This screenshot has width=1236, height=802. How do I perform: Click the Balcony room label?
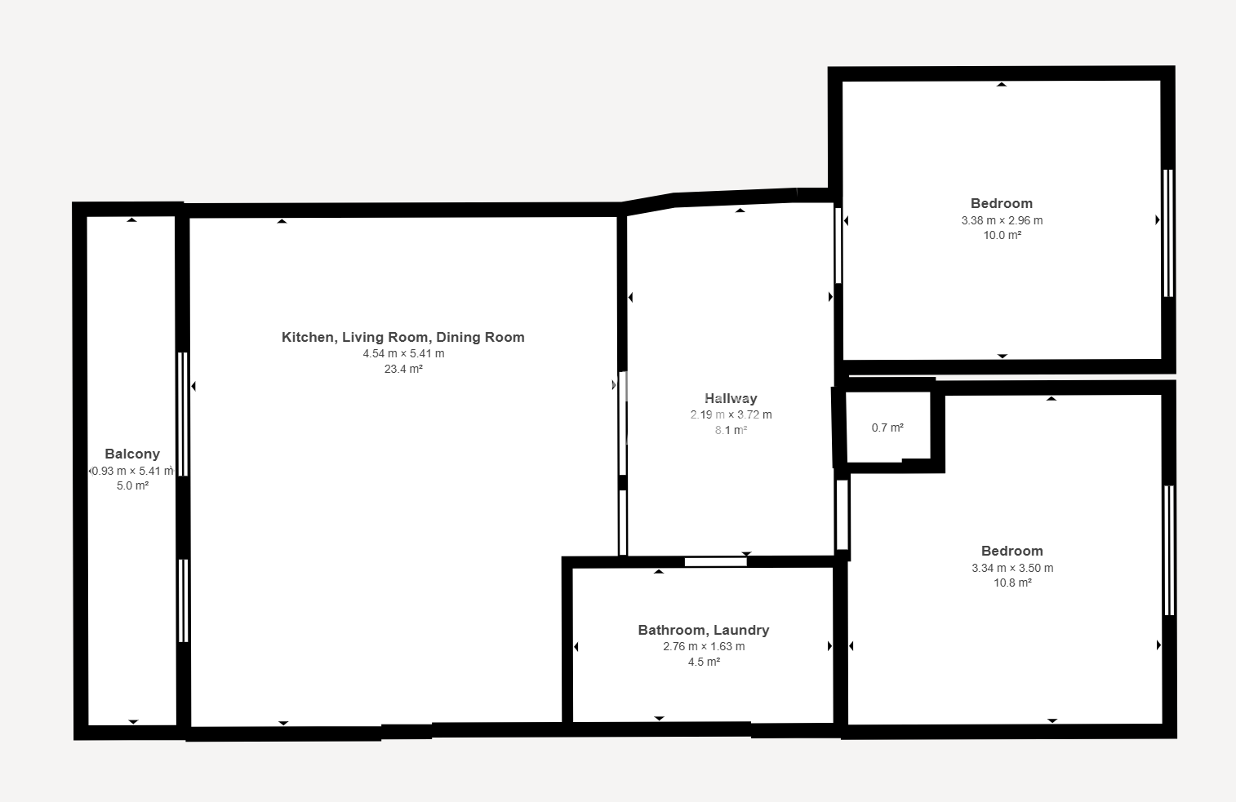(x=132, y=454)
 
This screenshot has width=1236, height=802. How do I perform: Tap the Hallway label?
(x=731, y=398)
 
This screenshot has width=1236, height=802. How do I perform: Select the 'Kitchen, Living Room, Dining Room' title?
(x=402, y=337)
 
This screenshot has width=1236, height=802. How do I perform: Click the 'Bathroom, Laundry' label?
(x=704, y=630)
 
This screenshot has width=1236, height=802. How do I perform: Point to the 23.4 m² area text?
(x=403, y=369)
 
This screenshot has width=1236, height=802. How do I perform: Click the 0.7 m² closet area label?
(x=887, y=428)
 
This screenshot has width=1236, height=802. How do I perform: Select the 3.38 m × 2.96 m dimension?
(x=1002, y=220)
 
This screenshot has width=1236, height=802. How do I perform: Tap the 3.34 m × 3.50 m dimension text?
(x=1012, y=568)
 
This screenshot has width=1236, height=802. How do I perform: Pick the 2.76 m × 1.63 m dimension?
(x=704, y=646)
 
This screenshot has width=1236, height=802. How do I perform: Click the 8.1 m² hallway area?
(x=731, y=430)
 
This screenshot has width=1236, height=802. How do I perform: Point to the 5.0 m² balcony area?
(x=132, y=486)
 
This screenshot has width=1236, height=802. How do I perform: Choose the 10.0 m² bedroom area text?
(x=1002, y=236)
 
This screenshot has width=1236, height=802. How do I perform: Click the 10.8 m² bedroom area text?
(x=1012, y=583)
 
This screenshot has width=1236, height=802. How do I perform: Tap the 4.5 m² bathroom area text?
(x=704, y=662)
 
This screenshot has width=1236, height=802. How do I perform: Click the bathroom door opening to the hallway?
(x=716, y=561)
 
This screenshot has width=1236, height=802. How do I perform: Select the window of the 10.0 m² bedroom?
(x=1168, y=233)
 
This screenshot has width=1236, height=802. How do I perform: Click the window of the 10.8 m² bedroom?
(x=1169, y=550)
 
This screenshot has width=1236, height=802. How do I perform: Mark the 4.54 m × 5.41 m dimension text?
(x=403, y=353)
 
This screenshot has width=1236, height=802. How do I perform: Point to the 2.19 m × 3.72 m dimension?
(x=731, y=414)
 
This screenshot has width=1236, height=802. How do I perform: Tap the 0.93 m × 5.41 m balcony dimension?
(x=132, y=471)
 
